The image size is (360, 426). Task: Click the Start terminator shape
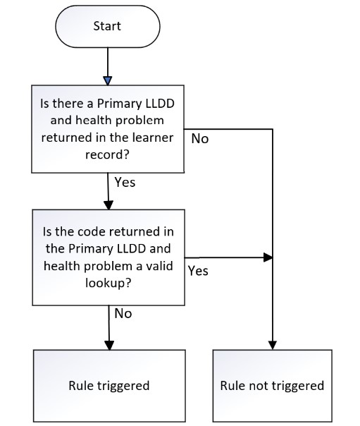[x=108, y=27]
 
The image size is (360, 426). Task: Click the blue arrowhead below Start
[x=108, y=80]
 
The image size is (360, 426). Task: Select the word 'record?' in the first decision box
[x=107, y=154]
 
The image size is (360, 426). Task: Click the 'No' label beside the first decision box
[x=200, y=138]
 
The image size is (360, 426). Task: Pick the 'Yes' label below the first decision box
[x=125, y=182]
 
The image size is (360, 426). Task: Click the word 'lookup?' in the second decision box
[x=108, y=283]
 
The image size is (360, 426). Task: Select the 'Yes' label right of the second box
[x=198, y=271]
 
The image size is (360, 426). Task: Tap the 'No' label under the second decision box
[x=123, y=314]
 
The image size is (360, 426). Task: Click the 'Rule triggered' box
[x=110, y=386]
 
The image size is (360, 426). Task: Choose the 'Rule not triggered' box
[x=273, y=386]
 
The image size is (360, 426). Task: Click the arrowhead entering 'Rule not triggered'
[x=273, y=345]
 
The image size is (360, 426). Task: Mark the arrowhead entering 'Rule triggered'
[x=109, y=345]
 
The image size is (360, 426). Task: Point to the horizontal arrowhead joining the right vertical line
[x=268, y=257]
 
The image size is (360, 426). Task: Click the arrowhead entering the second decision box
[x=108, y=205]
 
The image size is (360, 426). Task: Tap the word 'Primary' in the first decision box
[x=120, y=104]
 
